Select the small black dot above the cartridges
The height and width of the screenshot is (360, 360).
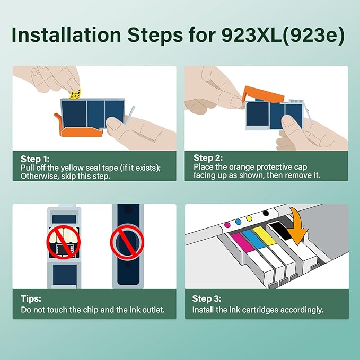tap(265, 213)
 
